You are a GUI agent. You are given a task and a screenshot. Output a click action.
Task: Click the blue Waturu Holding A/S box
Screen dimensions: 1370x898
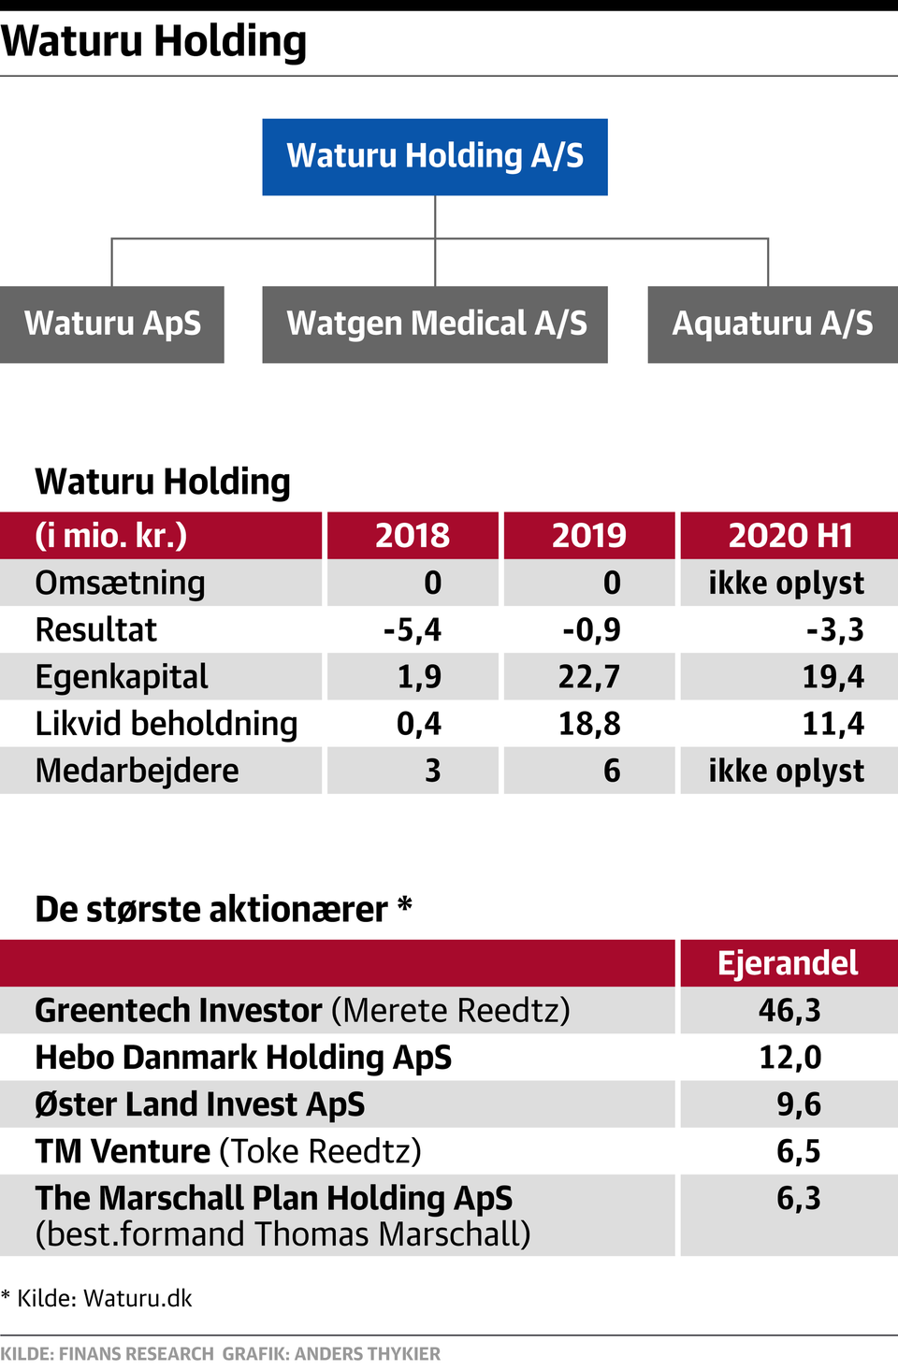tap(435, 156)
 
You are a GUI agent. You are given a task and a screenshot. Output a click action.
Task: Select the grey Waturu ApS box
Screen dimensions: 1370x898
tap(112, 324)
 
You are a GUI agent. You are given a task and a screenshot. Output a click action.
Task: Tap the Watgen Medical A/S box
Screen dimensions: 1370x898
tap(435, 324)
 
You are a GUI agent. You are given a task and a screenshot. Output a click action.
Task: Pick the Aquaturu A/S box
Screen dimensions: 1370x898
tap(773, 324)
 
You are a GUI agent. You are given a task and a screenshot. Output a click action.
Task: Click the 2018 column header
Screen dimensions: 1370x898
tap(412, 535)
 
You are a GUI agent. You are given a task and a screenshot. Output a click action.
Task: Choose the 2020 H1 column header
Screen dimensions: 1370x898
tap(789, 535)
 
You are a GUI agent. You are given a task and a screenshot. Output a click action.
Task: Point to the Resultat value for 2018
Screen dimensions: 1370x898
tap(413, 630)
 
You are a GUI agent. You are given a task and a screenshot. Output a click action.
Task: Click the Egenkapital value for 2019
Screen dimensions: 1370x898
tap(589, 677)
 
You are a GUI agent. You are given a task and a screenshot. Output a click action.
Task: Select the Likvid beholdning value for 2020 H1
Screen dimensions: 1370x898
tap(833, 724)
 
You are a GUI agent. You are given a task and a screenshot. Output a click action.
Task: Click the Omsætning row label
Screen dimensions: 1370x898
tap(120, 583)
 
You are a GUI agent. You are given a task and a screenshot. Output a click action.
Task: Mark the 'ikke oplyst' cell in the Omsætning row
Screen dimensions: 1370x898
tap(786, 583)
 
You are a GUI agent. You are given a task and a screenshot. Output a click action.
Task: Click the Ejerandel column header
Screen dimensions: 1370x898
tap(788, 963)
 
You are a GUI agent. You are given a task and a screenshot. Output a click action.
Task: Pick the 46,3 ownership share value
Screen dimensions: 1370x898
tap(789, 1010)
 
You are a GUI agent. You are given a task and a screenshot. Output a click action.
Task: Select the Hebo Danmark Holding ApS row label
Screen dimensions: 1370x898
tap(243, 1058)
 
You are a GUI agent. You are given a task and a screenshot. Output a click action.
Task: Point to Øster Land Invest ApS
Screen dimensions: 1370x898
tap(199, 1104)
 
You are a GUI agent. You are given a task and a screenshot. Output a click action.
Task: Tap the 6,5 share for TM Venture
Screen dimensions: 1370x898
tap(798, 1151)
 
